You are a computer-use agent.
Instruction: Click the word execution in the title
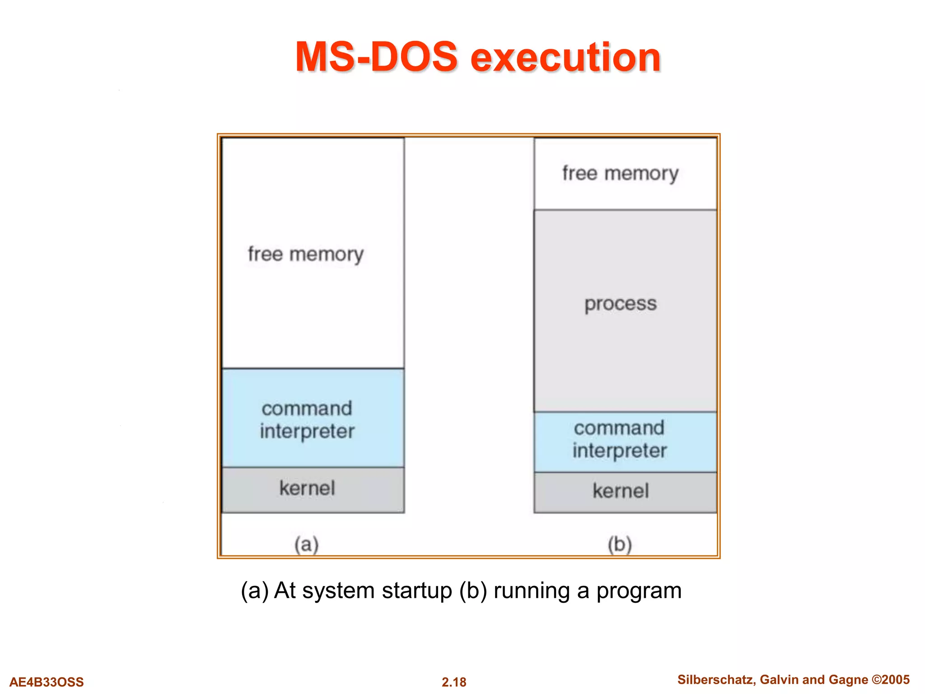(565, 58)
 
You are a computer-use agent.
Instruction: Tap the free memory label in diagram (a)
(306, 254)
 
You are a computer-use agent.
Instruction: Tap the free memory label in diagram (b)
(620, 173)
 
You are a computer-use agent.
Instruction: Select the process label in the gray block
(621, 304)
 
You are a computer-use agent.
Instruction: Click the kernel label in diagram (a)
(307, 488)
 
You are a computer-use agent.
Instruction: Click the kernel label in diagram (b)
(621, 491)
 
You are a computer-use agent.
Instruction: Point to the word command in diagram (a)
(307, 408)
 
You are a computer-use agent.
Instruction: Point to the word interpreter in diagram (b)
(620, 451)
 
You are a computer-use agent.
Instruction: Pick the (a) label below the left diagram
(307, 544)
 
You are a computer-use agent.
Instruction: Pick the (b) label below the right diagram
(619, 544)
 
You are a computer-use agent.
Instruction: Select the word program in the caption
(639, 591)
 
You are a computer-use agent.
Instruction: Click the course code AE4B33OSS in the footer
(47, 682)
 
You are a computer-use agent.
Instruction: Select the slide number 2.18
(454, 682)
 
